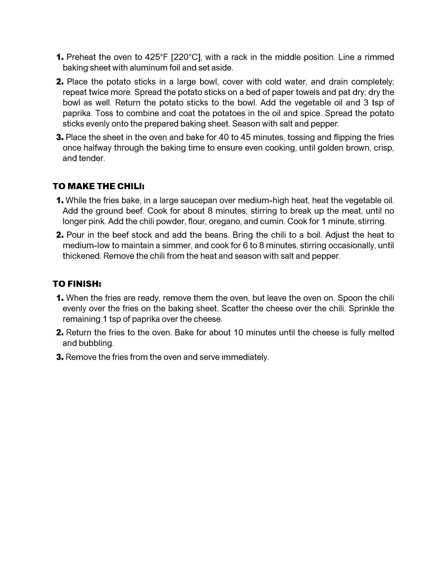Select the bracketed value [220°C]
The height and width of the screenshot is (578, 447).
point(186,57)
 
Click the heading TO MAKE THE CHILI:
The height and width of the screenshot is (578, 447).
point(98,186)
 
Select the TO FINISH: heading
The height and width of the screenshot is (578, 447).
point(77,284)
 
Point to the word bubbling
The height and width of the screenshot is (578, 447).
point(96,343)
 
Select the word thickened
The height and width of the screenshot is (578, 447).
point(81,256)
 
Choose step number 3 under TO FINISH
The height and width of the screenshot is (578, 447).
point(60,357)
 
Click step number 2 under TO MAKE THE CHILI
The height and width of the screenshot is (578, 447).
point(60,235)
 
